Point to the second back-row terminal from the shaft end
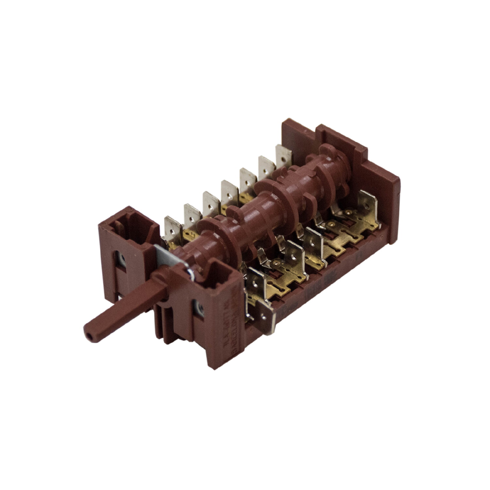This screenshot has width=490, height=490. tap(192, 215)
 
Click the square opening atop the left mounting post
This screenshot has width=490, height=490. tap(122, 222)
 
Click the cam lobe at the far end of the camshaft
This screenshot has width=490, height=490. tap(330, 154)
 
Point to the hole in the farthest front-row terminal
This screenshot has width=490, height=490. tap(368, 199)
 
